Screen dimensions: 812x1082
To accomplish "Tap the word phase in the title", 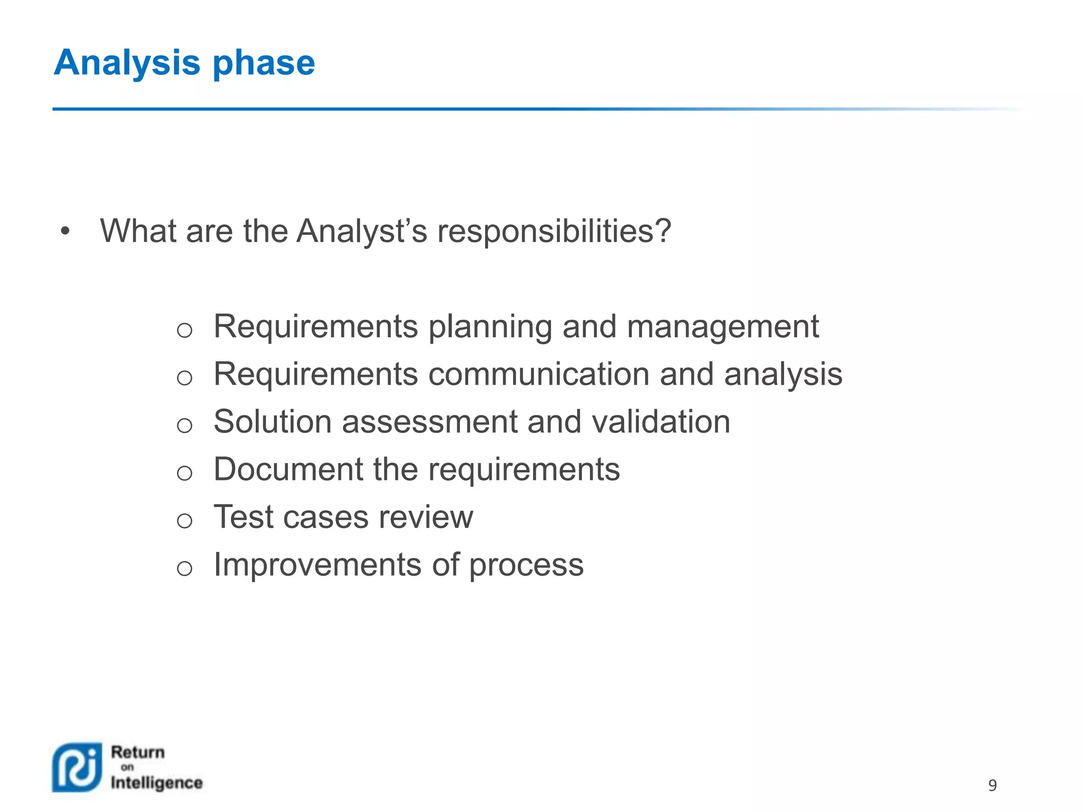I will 264,63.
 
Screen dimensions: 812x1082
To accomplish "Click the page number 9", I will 992,785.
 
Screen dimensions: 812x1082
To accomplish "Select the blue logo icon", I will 77,767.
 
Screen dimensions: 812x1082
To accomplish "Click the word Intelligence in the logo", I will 156,783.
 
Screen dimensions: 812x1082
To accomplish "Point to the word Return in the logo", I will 138,752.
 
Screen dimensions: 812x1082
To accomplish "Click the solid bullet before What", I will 65,231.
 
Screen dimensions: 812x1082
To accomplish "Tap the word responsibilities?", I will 554,232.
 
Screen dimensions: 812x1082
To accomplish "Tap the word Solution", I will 272,422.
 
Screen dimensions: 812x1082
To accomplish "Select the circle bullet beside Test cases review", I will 184,521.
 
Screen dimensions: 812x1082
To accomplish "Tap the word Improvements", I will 318,565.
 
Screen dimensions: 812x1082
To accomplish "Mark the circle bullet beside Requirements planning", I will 184,330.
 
